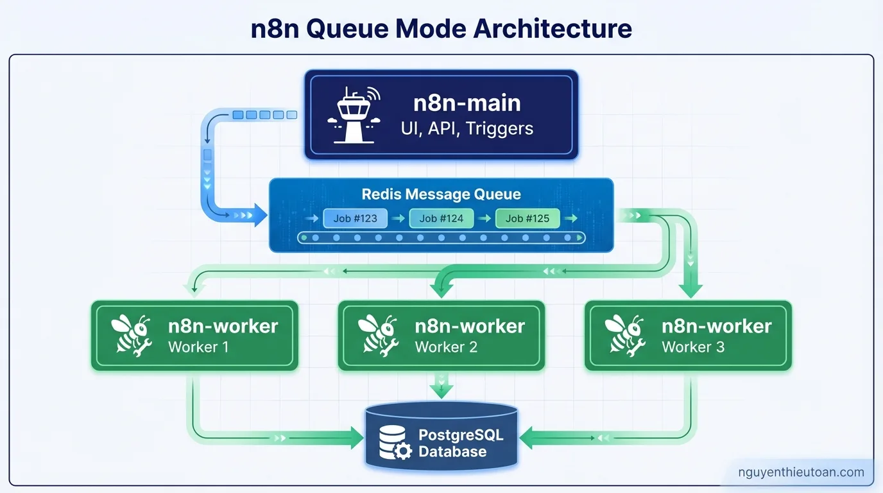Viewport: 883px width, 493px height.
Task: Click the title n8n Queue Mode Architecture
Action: pyautogui.click(x=441, y=29)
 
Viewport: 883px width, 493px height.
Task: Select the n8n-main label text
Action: pyautogui.click(x=467, y=103)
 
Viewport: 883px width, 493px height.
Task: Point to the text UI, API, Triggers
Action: pyautogui.click(x=467, y=128)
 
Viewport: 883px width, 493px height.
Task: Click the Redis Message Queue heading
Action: pyautogui.click(x=441, y=194)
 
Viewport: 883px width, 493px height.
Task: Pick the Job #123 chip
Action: pyautogui.click(x=355, y=218)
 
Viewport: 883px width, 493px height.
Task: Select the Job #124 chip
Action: pyautogui.click(x=441, y=218)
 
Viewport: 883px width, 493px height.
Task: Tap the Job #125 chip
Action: pyautogui.click(x=527, y=218)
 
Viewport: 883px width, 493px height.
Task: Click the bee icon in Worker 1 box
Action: pyautogui.click(x=132, y=334)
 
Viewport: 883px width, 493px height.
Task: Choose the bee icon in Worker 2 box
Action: pyautogui.click(x=379, y=334)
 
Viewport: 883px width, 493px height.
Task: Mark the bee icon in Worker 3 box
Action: pyautogui.click(x=625, y=334)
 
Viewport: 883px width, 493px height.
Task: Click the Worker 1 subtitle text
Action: pyautogui.click(x=198, y=347)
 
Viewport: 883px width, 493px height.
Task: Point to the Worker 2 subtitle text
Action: pyautogui.click(x=447, y=347)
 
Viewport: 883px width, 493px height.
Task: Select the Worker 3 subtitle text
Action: pyautogui.click(x=693, y=347)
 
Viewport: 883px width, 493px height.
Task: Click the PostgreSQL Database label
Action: pyautogui.click(x=460, y=443)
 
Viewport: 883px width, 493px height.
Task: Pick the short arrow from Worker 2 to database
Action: pyautogui.click(x=441, y=387)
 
